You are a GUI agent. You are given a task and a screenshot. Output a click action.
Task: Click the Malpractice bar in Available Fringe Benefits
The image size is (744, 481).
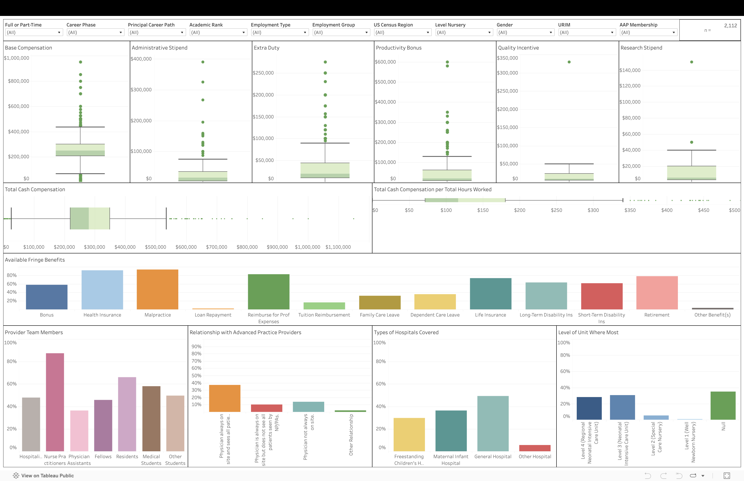tap(157, 290)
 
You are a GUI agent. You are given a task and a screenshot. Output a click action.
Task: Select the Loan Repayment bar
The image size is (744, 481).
tap(213, 309)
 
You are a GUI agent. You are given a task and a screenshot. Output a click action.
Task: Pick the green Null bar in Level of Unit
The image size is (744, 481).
tap(723, 405)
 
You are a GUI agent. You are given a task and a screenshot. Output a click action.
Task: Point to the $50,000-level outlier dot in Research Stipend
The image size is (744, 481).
tap(691, 142)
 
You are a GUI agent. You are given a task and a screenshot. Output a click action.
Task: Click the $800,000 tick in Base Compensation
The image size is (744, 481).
tap(19, 81)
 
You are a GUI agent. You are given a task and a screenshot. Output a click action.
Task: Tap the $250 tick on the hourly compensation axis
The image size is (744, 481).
tap(556, 210)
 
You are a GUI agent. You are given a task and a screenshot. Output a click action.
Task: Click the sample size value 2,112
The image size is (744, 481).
tap(730, 26)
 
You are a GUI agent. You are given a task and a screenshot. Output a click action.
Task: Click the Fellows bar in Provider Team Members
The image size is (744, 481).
tap(103, 425)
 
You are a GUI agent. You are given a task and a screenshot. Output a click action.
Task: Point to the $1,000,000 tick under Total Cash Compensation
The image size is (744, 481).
tap(308, 247)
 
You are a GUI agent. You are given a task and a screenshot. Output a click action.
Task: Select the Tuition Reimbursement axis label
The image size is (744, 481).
tap(324, 315)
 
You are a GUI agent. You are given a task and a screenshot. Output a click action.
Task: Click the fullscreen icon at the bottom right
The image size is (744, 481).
tap(727, 475)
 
